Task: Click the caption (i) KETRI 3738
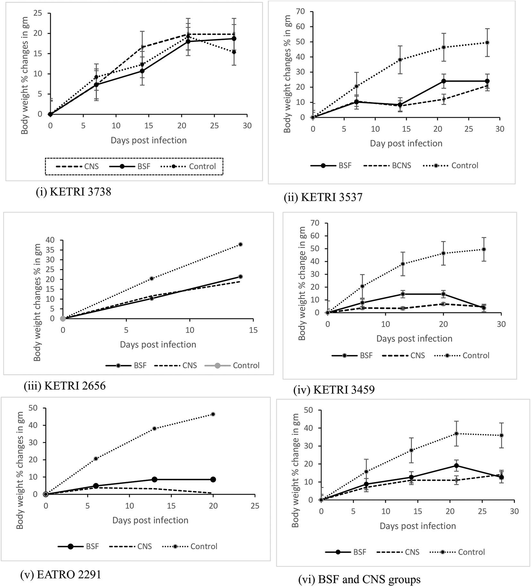tap(73, 192)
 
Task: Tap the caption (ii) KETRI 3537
tap(323, 197)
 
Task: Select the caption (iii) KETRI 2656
tap(65, 385)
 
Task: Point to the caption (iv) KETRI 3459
tap(334, 390)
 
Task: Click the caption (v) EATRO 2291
tap(60, 574)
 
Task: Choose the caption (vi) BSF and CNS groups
tap(359, 580)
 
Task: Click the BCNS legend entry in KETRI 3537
tap(387, 166)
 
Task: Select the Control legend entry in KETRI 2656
tap(232, 366)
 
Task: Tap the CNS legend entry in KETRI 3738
tap(77, 167)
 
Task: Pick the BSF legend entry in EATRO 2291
tap(79, 547)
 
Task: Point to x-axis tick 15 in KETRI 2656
tap(253, 330)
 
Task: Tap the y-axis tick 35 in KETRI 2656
tap(50, 250)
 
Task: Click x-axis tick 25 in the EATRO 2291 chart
tap(255, 506)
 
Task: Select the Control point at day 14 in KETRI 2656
tap(240, 245)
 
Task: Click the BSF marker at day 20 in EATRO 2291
tap(213, 479)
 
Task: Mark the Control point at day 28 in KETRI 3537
tap(487, 42)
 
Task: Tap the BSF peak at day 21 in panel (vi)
tap(456, 466)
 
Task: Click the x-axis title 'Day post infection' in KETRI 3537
tap(406, 143)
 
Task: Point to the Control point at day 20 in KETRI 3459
tap(443, 253)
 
